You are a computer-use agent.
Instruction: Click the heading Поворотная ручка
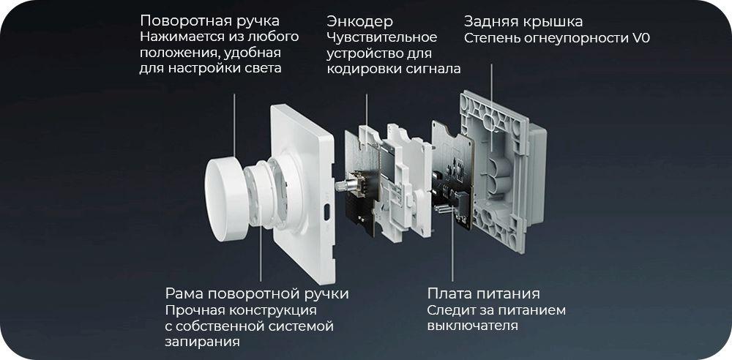(209, 21)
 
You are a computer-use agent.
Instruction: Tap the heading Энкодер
(359, 21)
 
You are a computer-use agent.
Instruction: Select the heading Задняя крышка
(523, 22)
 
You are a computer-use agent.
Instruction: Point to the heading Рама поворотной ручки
(257, 293)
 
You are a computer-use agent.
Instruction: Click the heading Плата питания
(484, 293)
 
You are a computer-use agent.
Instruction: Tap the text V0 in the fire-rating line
(641, 38)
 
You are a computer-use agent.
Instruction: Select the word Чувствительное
(382, 37)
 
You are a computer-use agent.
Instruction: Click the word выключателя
(472, 326)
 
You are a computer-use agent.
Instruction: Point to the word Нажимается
(179, 37)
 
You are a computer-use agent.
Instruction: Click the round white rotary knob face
(226, 199)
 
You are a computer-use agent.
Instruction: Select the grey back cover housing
(502, 170)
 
